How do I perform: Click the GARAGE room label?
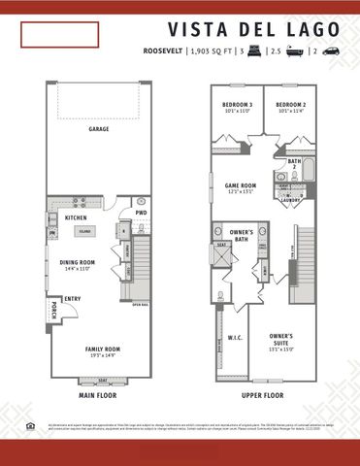click(98, 128)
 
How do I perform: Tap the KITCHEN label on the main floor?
click(76, 217)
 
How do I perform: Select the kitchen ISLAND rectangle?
click(84, 231)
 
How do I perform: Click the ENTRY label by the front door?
click(72, 299)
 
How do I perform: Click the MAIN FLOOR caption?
click(98, 396)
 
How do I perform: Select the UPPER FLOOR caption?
click(262, 396)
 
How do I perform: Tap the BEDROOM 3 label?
click(238, 104)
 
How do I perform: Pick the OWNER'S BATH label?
click(243, 235)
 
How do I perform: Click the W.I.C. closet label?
click(235, 338)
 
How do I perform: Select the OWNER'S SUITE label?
click(281, 337)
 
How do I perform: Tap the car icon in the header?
click(330, 50)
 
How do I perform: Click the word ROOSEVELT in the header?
click(163, 50)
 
